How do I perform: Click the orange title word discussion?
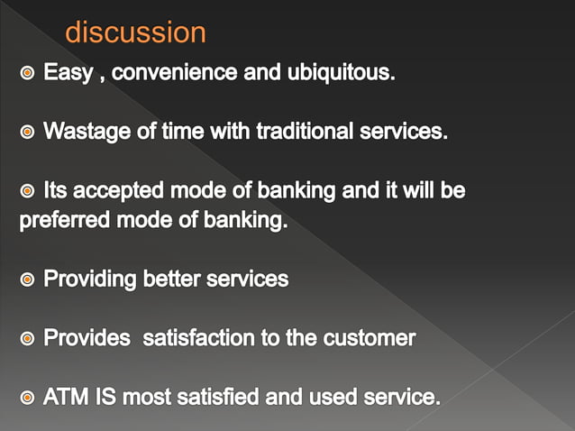(135, 33)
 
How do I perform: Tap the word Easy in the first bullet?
(68, 72)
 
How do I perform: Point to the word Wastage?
(82, 132)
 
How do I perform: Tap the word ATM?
(64, 397)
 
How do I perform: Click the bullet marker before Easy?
(28, 73)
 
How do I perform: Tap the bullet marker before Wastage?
(28, 133)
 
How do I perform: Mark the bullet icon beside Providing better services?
(28, 280)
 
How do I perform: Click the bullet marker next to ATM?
(28, 398)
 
